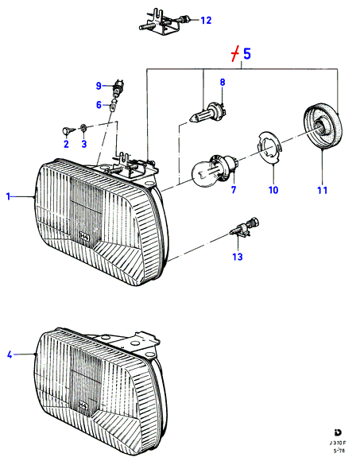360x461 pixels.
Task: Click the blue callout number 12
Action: pos(206,21)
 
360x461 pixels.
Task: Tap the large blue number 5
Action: pos(247,54)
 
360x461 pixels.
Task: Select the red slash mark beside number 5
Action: pos(234,54)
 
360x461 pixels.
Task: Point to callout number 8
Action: pos(223,82)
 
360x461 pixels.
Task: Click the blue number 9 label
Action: pos(99,86)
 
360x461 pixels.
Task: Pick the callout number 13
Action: pos(238,257)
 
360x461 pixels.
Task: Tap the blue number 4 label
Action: pos(10,354)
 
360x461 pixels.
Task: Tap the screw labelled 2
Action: pos(68,131)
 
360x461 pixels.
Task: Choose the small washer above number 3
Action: pos(83,128)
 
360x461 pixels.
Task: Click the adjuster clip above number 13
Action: pos(245,227)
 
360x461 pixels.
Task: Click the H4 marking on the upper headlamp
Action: pos(84,237)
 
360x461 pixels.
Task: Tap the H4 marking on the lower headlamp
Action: pos(83,406)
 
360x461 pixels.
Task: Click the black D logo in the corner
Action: pos(338,432)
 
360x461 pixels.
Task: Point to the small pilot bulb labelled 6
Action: pos(114,105)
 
